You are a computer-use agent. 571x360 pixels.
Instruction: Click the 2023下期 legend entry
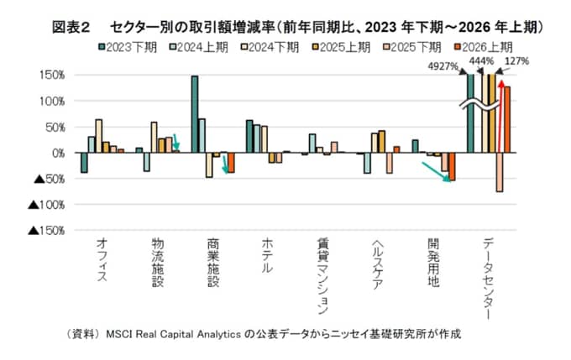128,47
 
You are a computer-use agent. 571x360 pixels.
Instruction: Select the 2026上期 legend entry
484,47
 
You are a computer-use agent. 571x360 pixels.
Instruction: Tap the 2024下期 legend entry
270,47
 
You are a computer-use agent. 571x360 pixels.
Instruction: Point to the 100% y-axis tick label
52,102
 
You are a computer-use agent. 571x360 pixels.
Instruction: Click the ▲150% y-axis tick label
46,231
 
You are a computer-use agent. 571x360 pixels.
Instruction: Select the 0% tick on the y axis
58,153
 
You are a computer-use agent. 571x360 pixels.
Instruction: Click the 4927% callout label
443,66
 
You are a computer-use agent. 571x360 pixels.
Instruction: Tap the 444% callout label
481,60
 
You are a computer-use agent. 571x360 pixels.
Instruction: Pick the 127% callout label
516,61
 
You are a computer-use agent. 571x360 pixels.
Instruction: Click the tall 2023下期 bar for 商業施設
195,114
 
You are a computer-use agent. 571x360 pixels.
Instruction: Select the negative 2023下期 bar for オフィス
84,162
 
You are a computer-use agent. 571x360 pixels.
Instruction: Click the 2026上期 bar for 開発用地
452,166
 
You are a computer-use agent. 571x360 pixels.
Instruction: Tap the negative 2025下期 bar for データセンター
500,172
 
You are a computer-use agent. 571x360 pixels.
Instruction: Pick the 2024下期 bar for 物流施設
154,138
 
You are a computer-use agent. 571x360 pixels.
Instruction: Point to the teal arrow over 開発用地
436,172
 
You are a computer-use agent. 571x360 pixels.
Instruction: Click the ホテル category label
267,256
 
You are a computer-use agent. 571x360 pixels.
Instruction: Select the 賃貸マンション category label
322,276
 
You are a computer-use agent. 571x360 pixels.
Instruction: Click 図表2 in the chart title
71,28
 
